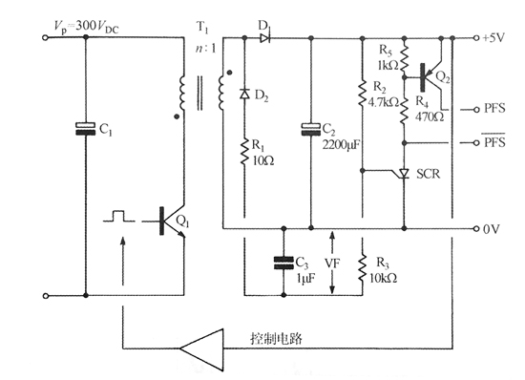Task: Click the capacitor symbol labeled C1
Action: tap(86, 129)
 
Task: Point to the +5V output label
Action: tap(495, 38)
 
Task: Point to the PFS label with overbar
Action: tap(495, 143)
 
